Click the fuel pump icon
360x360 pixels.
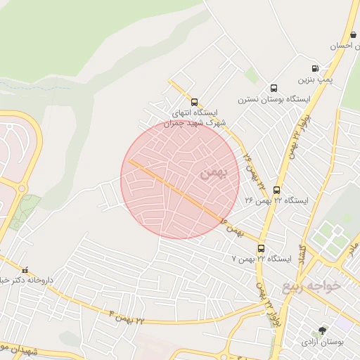314,69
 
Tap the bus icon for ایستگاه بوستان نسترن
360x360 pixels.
274,89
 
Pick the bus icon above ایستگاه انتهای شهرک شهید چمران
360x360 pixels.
194,101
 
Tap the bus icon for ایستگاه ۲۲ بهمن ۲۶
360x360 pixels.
276,190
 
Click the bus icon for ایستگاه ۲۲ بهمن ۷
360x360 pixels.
262,248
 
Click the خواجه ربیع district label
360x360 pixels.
311,285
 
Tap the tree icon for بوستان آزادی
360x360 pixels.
323,330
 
